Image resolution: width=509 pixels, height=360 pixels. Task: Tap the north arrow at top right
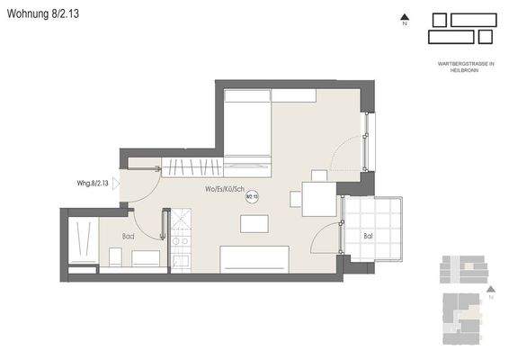[406, 17]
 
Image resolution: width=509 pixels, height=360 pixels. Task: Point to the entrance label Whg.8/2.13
[93, 183]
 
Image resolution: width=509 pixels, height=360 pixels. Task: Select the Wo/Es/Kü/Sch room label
[224, 189]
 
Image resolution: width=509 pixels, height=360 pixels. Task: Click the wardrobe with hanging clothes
[192, 166]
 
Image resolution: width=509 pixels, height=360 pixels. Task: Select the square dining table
[318, 199]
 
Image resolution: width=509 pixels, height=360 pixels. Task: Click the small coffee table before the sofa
[254, 223]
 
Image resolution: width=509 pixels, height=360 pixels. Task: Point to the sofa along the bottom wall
[254, 258]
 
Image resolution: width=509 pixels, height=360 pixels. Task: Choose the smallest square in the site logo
[486, 36]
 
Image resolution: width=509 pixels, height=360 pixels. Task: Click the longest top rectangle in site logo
[474, 19]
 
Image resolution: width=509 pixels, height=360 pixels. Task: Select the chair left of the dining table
[295, 199]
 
